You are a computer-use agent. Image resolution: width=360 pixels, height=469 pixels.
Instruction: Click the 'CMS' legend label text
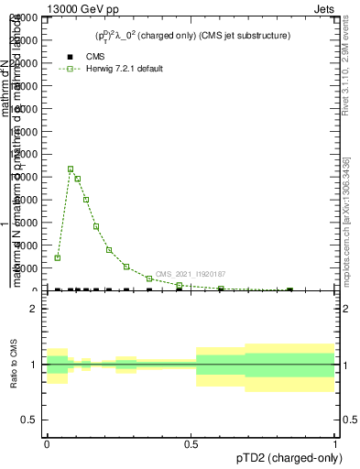(95, 56)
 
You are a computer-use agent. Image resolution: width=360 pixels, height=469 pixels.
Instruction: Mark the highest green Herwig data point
(71, 169)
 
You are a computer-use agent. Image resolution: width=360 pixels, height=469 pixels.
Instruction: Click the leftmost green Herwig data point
(57, 257)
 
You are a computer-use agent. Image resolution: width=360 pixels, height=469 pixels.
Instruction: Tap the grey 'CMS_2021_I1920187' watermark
(191, 274)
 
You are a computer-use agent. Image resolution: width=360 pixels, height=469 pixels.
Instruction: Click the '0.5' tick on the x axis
(190, 444)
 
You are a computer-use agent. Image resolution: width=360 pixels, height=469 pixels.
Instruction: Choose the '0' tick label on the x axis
(47, 444)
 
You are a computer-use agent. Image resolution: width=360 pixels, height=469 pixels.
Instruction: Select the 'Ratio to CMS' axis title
(13, 365)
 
